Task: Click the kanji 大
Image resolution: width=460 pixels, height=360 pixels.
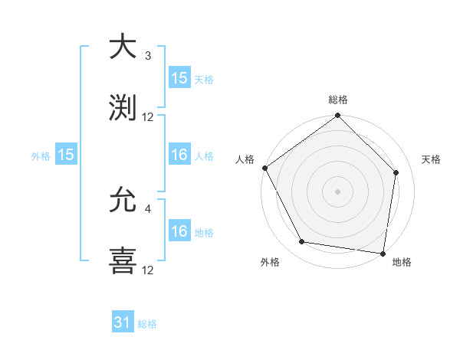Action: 123,47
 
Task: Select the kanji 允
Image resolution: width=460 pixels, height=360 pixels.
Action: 123,201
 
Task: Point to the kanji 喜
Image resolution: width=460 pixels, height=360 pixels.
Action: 123,260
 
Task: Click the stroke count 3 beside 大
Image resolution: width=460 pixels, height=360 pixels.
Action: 148,56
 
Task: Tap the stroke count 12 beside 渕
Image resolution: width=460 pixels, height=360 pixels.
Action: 148,117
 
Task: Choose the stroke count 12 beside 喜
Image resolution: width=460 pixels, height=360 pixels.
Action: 148,270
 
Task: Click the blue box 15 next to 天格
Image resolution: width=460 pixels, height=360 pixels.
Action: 179,78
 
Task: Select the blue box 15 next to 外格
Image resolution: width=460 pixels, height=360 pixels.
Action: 66,155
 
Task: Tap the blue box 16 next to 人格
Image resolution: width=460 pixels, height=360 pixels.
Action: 179,155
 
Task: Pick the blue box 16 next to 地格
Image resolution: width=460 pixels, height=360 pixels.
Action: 179,231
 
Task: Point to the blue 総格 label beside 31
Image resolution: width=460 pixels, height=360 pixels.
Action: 147,324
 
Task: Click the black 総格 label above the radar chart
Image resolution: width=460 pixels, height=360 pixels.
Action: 338,100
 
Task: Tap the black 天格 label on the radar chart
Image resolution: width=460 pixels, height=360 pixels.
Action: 432,159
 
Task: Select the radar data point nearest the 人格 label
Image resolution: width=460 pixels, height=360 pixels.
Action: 265,168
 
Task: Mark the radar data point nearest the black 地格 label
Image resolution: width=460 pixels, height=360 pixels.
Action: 383,253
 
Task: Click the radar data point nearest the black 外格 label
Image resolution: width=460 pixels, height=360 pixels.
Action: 302,242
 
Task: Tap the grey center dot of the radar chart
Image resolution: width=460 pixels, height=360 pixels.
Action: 338,191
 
